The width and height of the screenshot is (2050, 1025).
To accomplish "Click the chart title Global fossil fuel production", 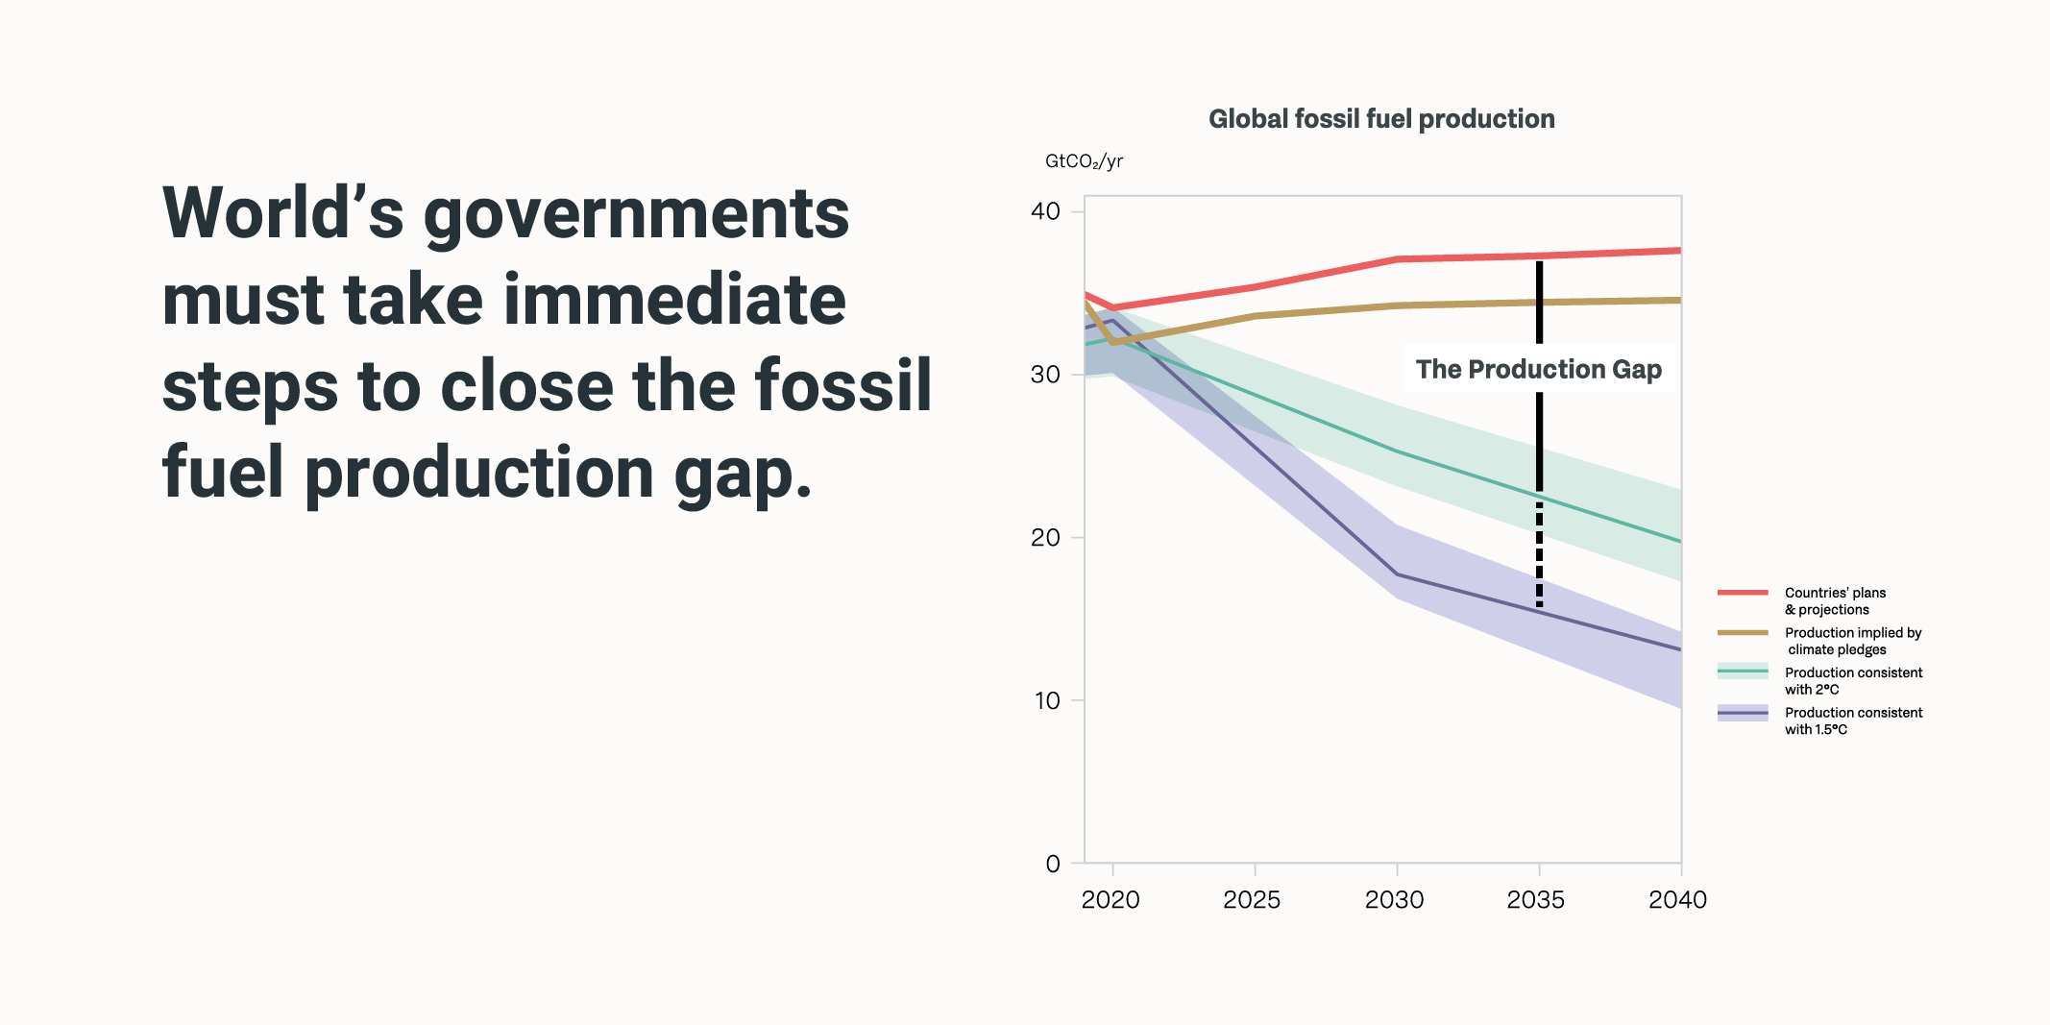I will click(1381, 119).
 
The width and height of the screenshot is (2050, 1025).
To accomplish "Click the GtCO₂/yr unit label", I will click(1084, 161).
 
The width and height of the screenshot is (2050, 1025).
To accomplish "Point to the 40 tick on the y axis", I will click(1046, 211).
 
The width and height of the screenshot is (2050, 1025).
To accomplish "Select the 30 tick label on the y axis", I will click(1046, 375).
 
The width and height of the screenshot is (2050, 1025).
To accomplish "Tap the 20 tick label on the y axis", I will click(1046, 538).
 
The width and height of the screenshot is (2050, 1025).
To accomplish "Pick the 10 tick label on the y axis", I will click(1047, 701).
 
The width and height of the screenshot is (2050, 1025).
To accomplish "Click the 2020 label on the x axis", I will click(1110, 900).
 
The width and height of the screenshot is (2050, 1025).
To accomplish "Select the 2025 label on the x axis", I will click(1252, 900).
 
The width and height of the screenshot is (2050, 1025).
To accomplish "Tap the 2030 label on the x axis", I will click(1394, 900).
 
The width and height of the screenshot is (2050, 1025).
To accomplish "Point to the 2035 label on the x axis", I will click(1536, 900).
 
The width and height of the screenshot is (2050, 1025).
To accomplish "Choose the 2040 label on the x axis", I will click(1677, 900).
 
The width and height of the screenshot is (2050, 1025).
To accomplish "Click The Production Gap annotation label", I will click(1539, 369).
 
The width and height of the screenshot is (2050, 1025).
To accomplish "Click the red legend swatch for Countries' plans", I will click(1743, 593).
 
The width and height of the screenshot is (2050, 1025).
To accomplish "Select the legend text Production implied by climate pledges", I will click(1853, 641).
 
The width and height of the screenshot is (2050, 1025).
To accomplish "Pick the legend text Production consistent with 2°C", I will click(1853, 681).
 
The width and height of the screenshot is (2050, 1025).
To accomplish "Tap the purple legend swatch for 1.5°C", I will click(1743, 713).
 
